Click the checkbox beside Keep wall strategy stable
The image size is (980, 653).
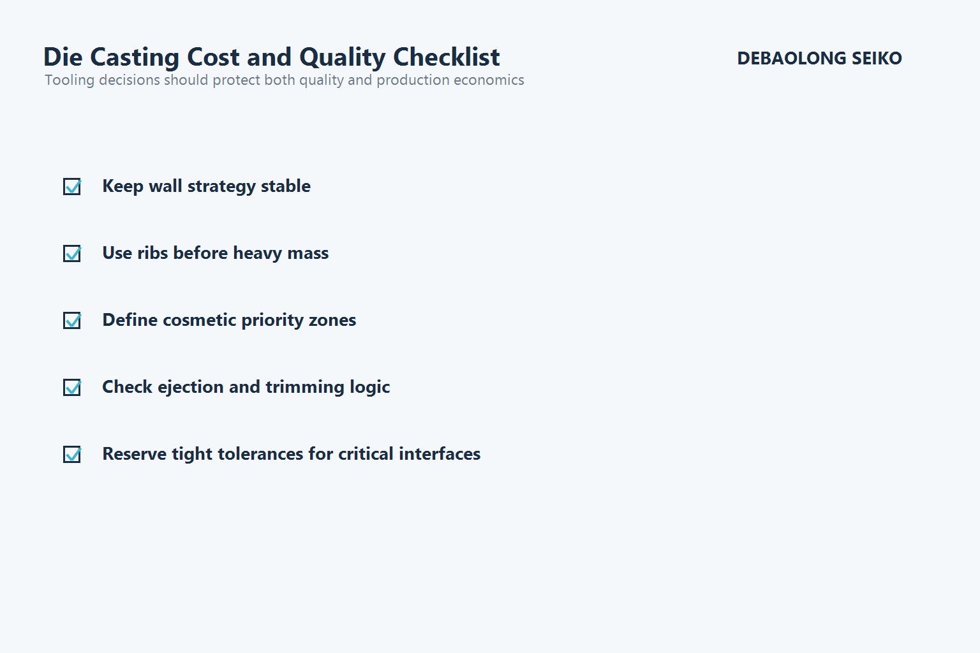(x=72, y=186)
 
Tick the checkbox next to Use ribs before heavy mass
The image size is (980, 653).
(x=72, y=253)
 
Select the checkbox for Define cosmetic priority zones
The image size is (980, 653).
(x=72, y=320)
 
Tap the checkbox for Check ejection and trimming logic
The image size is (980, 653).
(x=72, y=387)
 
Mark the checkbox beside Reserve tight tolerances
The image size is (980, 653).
(x=72, y=454)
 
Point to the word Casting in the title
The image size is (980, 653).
(x=134, y=57)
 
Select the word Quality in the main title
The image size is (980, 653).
(x=342, y=57)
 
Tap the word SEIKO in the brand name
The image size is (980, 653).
(x=877, y=59)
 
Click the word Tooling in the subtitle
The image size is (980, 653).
(x=69, y=80)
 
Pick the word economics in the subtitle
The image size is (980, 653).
(x=488, y=80)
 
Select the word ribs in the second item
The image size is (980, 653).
(x=152, y=253)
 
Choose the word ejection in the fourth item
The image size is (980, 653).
(x=190, y=387)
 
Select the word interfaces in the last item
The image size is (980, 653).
(x=440, y=454)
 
